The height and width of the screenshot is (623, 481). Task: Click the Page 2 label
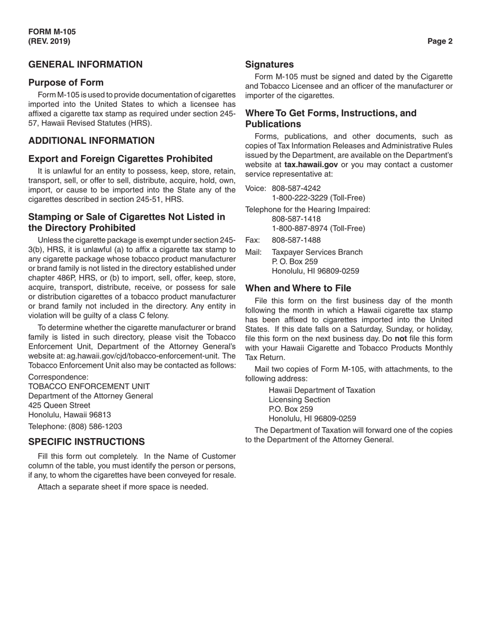pyautogui.click(x=439, y=42)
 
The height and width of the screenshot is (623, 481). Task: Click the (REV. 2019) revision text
pyautogui.click(x=50, y=41)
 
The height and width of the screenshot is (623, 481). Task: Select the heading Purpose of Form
pyautogui.click(x=66, y=83)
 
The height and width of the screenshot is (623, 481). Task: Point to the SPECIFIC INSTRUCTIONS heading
pyautogui.click(x=86, y=441)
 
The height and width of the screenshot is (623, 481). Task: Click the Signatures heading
pyautogui.click(x=269, y=64)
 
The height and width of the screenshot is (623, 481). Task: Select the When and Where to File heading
pyautogui.click(x=298, y=288)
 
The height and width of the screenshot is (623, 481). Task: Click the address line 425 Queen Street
pyautogui.click(x=60, y=405)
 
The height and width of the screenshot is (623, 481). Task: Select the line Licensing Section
pyautogui.click(x=299, y=400)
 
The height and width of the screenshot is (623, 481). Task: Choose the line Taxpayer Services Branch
pyautogui.click(x=317, y=252)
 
